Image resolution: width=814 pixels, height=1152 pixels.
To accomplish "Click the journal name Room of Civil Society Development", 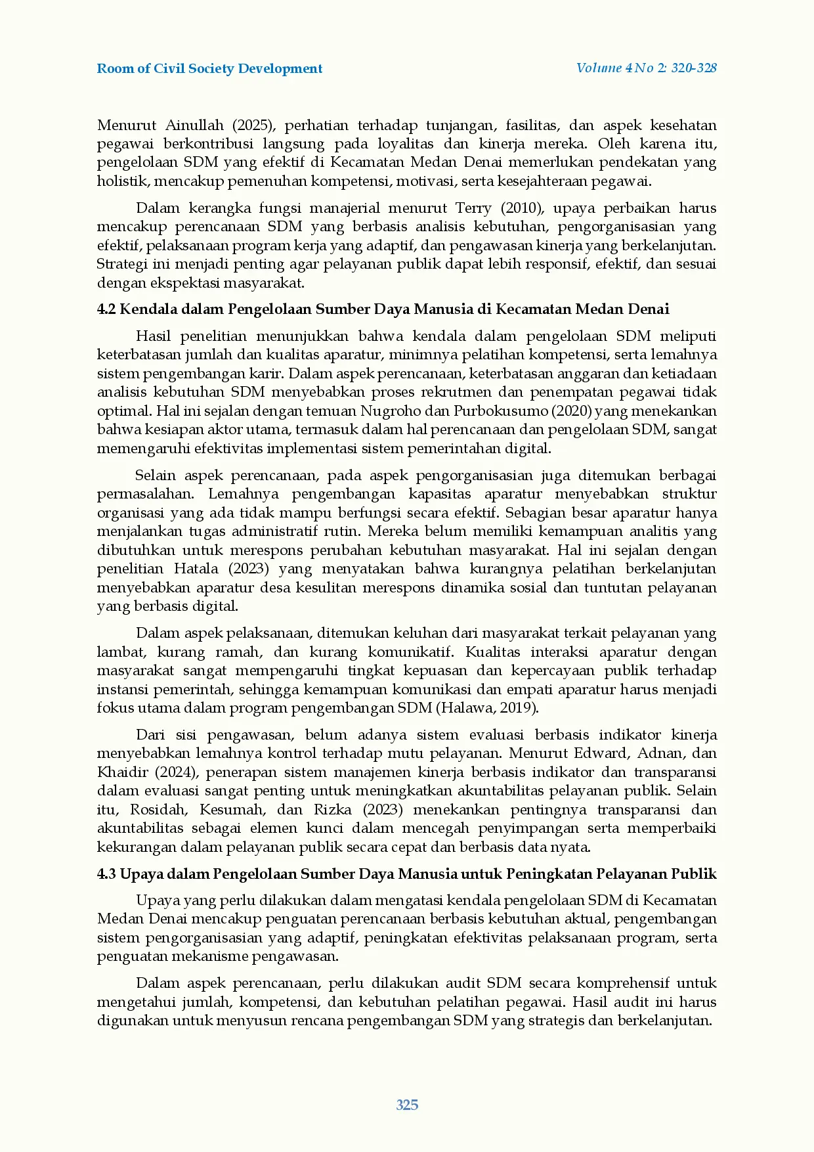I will [209, 69].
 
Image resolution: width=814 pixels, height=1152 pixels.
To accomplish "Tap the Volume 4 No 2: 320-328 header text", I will [646, 68].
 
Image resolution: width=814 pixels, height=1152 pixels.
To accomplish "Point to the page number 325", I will [407, 1105].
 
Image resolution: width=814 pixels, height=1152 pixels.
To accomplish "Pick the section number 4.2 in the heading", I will [106, 309].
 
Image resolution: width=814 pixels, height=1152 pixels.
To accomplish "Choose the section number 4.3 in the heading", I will [107, 874].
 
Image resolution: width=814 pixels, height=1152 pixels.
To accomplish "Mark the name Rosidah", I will [158, 810].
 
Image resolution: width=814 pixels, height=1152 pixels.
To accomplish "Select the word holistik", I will [123, 181].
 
